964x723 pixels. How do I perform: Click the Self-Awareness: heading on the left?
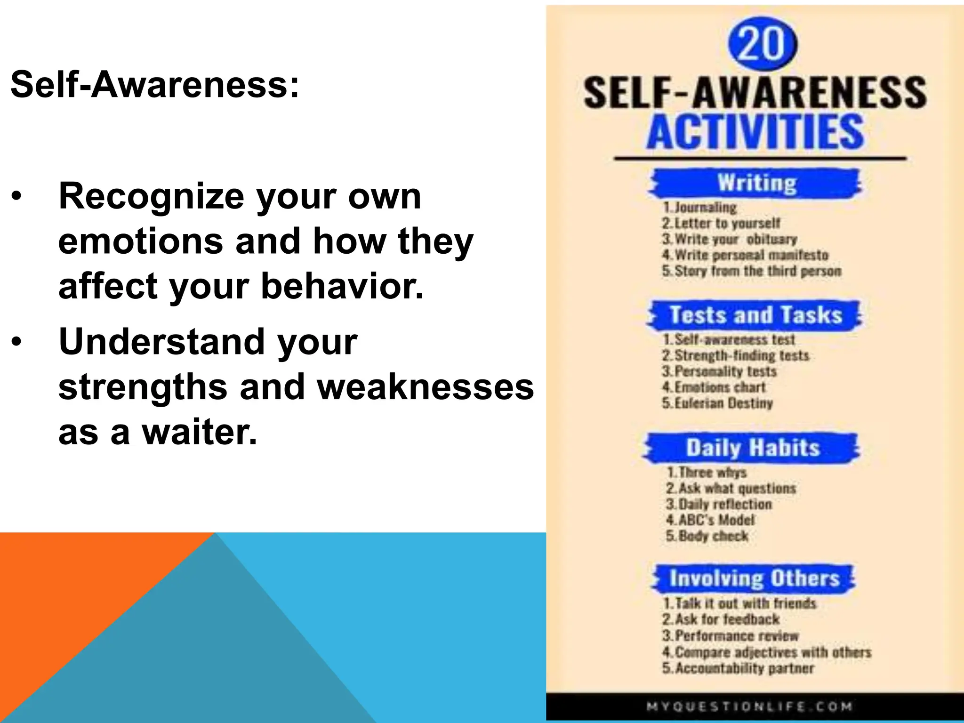click(x=154, y=85)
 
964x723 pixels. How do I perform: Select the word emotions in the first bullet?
click(x=140, y=241)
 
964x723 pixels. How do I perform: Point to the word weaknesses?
click(x=425, y=386)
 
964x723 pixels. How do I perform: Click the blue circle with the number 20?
click(x=762, y=43)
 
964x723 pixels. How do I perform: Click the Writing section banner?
click(x=756, y=183)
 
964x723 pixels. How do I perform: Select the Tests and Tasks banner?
click(x=755, y=315)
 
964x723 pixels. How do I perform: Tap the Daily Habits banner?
click(x=752, y=447)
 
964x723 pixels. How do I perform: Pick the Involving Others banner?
click(x=754, y=578)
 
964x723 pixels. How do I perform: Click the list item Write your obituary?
click(x=730, y=239)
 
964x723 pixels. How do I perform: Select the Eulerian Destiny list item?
click(x=718, y=403)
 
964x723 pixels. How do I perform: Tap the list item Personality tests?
click(x=720, y=371)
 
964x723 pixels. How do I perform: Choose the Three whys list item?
click(x=707, y=472)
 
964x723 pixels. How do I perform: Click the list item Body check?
click(x=707, y=536)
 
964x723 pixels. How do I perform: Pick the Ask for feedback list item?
click(x=721, y=619)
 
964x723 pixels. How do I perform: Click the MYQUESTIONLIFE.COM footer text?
click(x=749, y=707)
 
